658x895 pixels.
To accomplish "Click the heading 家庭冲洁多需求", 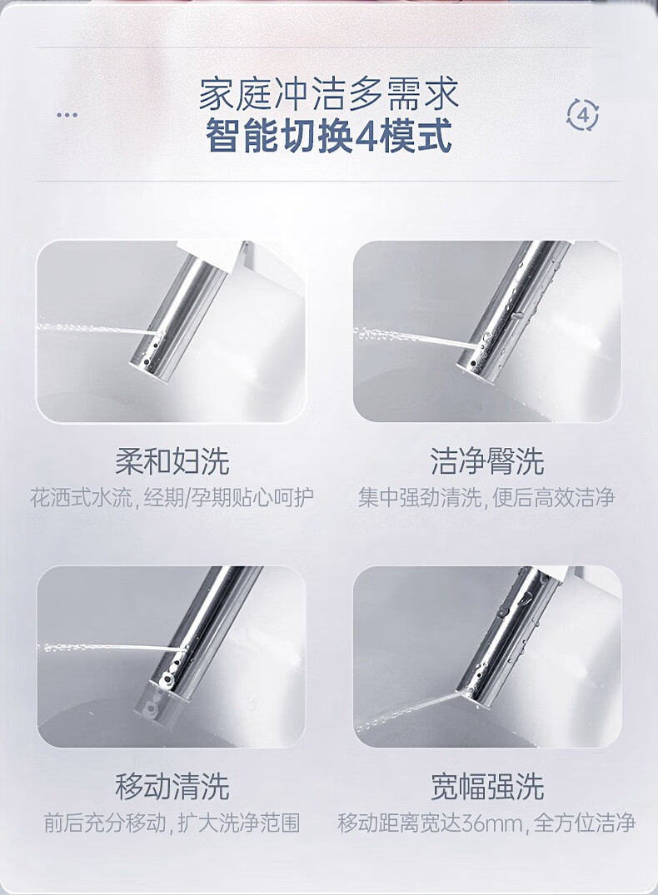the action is pos(329,94).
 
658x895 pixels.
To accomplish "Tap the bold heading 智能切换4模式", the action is pos(329,136).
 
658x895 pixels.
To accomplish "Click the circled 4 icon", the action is pos(582,115).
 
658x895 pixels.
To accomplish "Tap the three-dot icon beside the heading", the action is pos(67,115).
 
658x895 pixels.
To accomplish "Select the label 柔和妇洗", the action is pos(172,461).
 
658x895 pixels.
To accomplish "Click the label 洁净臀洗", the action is pos(487,461).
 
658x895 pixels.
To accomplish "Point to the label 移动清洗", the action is pos(172,786).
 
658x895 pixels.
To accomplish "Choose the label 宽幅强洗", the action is pos(487,786).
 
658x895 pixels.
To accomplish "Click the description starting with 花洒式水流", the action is pos(172,497).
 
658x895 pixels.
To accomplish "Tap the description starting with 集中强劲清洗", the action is pos(486,497).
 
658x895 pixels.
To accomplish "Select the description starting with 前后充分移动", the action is pos(172,823).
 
